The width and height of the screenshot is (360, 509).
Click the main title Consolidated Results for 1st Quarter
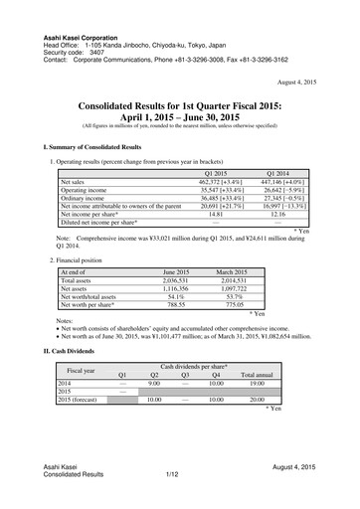pos(179,105)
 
